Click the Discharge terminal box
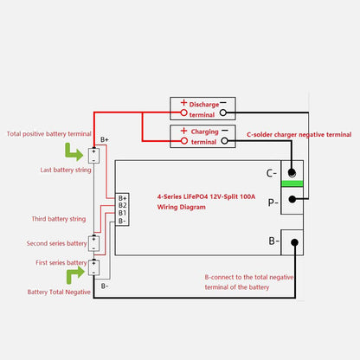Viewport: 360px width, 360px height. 202,107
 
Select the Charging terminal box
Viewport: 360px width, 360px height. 202,135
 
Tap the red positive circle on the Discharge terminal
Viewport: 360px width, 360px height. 183,112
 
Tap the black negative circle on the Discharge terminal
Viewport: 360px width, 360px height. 223,112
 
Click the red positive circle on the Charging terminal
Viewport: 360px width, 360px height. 183,140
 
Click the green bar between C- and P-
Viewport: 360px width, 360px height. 292,184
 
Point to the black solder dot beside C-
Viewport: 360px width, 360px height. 292,172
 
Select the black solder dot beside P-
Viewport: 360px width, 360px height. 292,197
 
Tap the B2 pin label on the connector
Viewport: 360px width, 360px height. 122,205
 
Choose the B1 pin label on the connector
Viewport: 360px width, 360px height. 122,213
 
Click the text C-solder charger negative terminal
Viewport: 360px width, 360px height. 299,134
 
